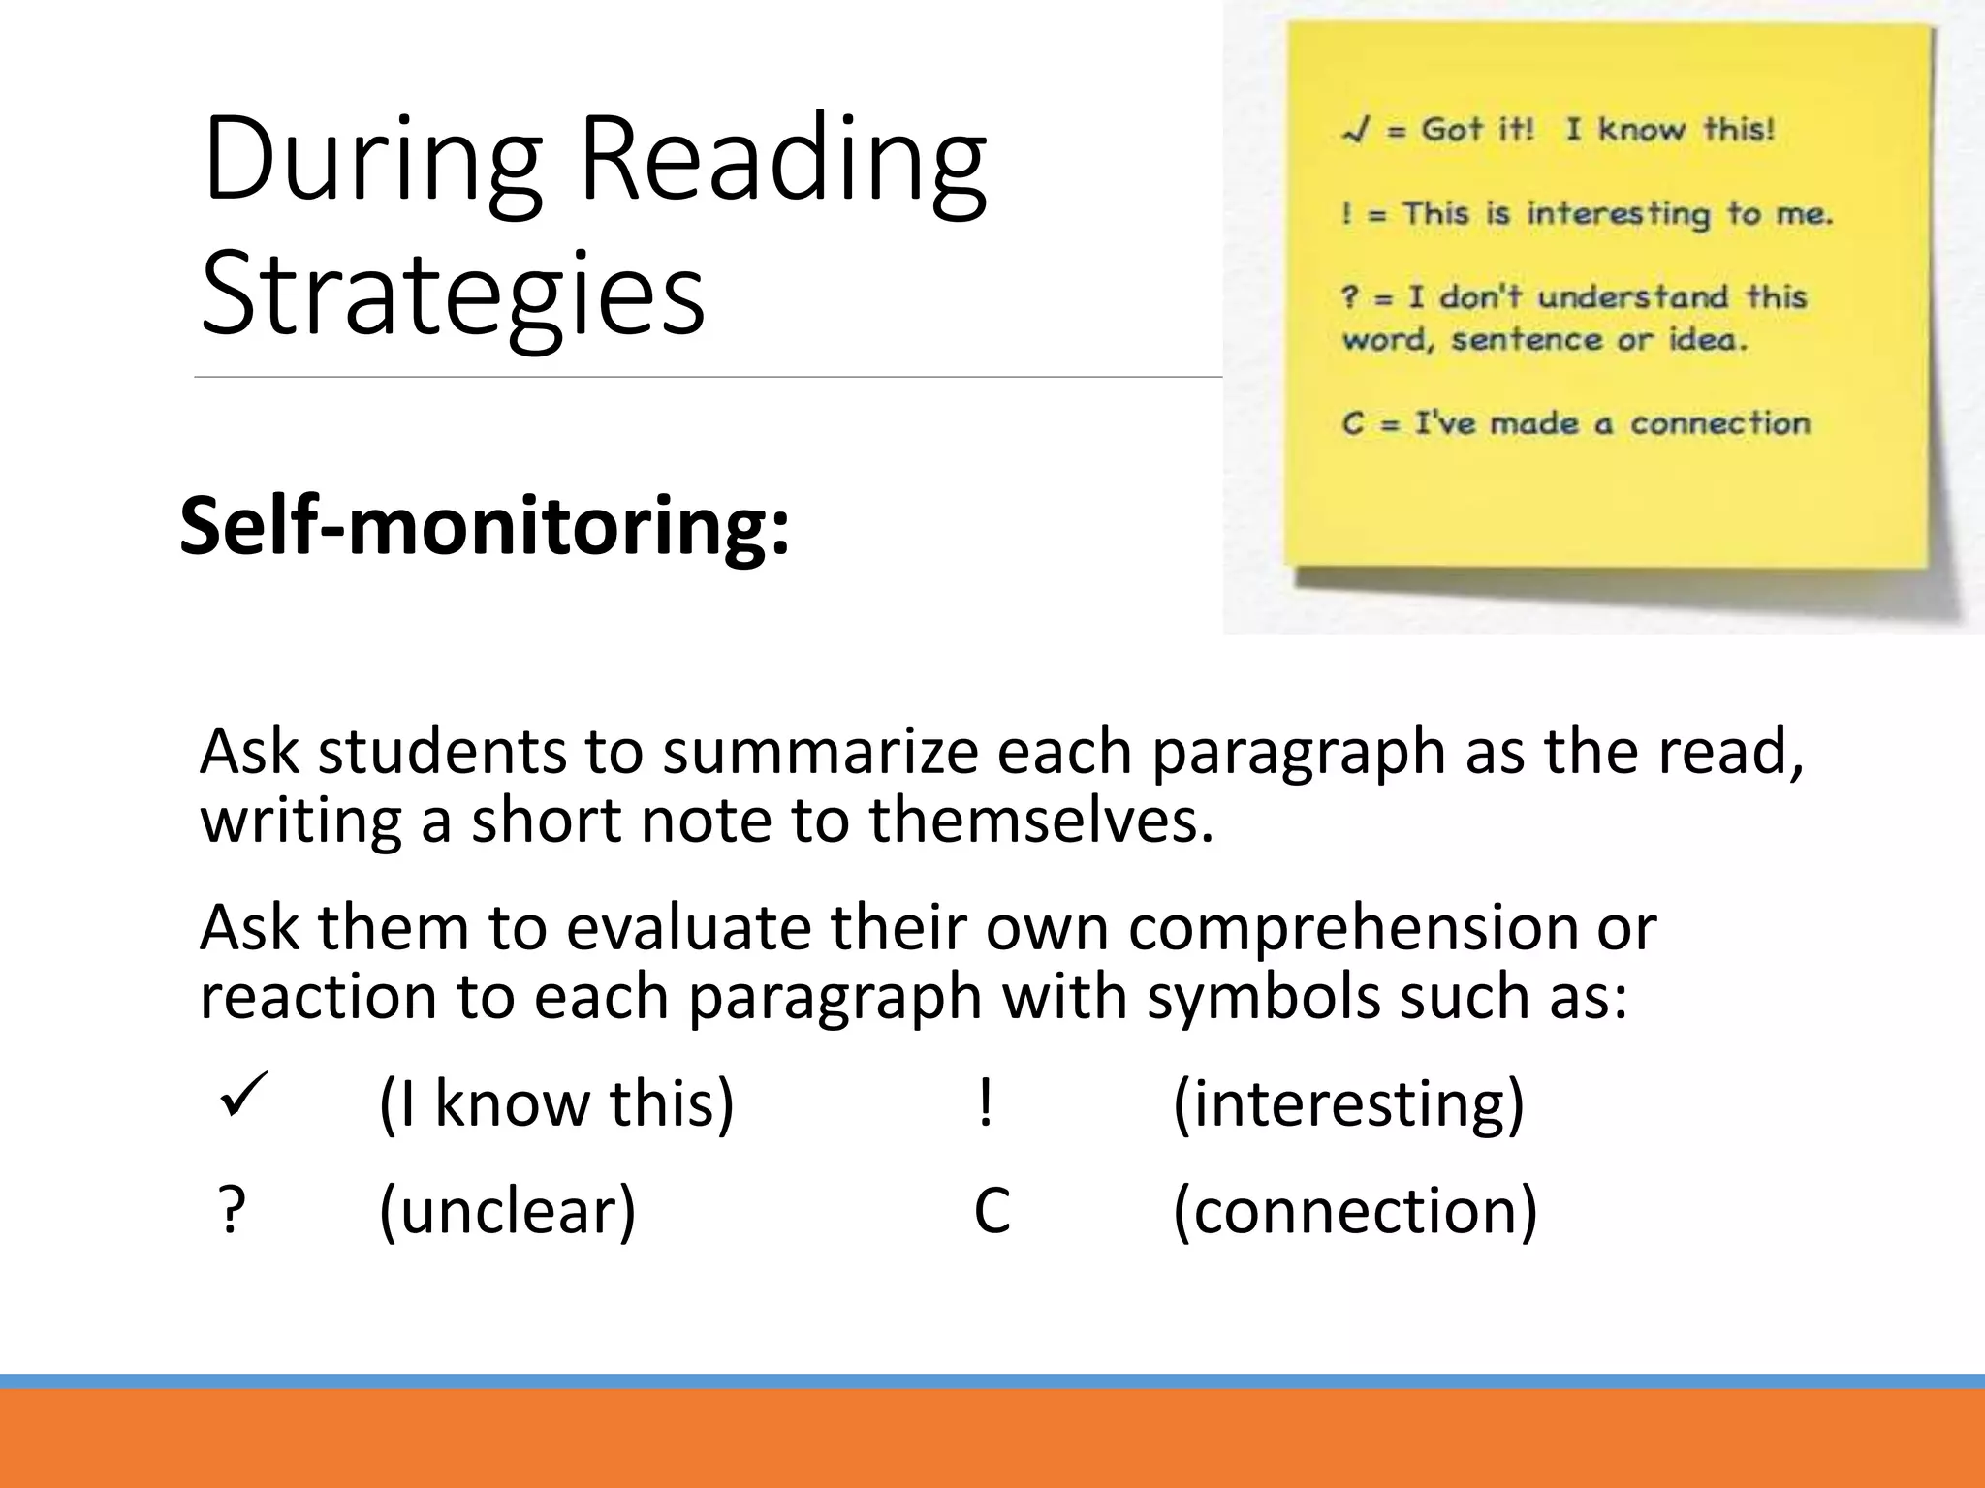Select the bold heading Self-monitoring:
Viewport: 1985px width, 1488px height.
tap(485, 525)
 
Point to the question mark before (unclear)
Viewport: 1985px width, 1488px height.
tap(231, 1210)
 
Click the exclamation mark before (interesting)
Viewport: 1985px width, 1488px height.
tap(985, 1102)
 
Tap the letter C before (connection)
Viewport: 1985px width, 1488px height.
tap(992, 1210)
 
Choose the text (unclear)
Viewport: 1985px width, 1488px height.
tap(507, 1210)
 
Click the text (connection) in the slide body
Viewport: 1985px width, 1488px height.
tap(1355, 1210)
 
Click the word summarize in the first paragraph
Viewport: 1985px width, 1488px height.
tap(820, 752)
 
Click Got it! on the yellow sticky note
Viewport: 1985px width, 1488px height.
tap(1477, 129)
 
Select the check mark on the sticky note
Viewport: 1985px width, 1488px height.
tap(1355, 131)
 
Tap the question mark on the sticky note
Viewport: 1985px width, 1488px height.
tap(1350, 296)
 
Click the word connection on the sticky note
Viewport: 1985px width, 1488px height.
tap(1719, 423)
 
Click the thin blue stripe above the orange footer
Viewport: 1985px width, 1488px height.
tap(992, 1381)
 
